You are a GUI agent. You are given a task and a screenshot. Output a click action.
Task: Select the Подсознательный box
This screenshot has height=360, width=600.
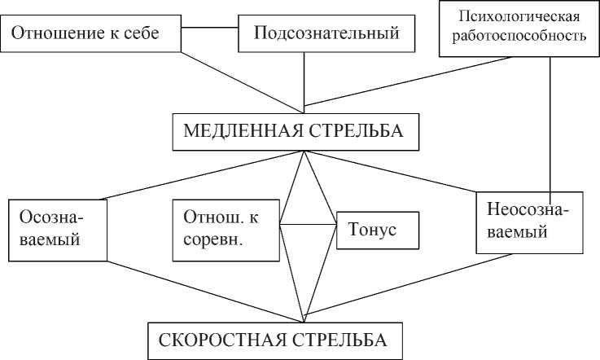tap(326, 34)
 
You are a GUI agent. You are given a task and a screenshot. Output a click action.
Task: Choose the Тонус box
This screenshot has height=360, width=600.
tap(377, 230)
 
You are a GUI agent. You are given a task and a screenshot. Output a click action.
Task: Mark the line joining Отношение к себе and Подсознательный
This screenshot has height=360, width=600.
tap(209, 29)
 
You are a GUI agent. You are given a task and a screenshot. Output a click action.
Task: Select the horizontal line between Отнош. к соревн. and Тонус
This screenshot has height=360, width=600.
tap(307, 222)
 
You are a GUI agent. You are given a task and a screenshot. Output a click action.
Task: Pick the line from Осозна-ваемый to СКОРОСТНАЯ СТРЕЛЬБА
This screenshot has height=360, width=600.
tap(204, 290)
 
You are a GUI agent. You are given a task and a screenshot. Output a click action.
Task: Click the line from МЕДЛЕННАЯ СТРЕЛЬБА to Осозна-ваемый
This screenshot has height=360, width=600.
tap(204, 174)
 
